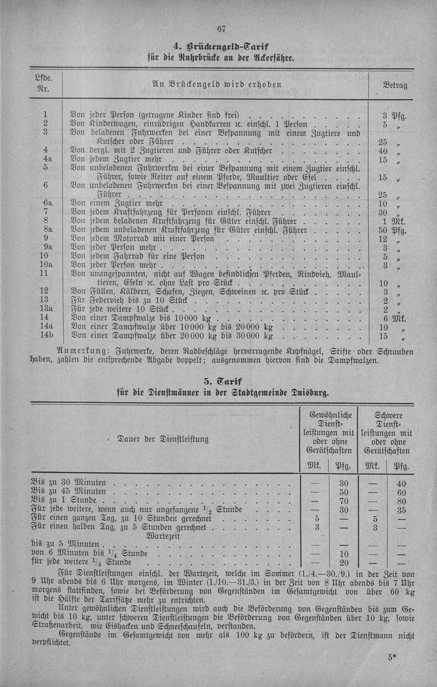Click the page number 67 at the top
pyautogui.click(x=221, y=29)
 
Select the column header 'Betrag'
pyautogui.click(x=395, y=85)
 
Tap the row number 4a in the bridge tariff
pyautogui.click(x=46, y=160)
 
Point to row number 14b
pyautogui.click(x=48, y=335)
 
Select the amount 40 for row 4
pyautogui.click(x=383, y=151)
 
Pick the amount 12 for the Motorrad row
pyautogui.click(x=383, y=239)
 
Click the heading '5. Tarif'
pyautogui.click(x=222, y=382)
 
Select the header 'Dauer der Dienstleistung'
pyautogui.click(x=163, y=439)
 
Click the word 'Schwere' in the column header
pyautogui.click(x=389, y=415)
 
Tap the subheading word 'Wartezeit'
pyautogui.click(x=164, y=536)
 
